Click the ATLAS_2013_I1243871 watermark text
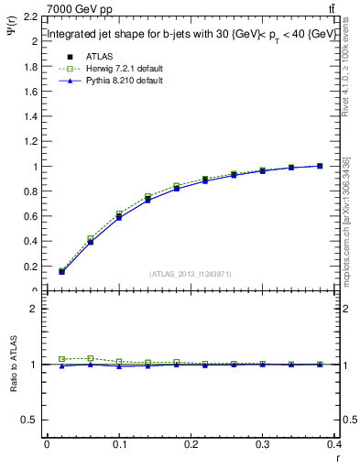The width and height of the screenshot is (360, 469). [190, 274]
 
